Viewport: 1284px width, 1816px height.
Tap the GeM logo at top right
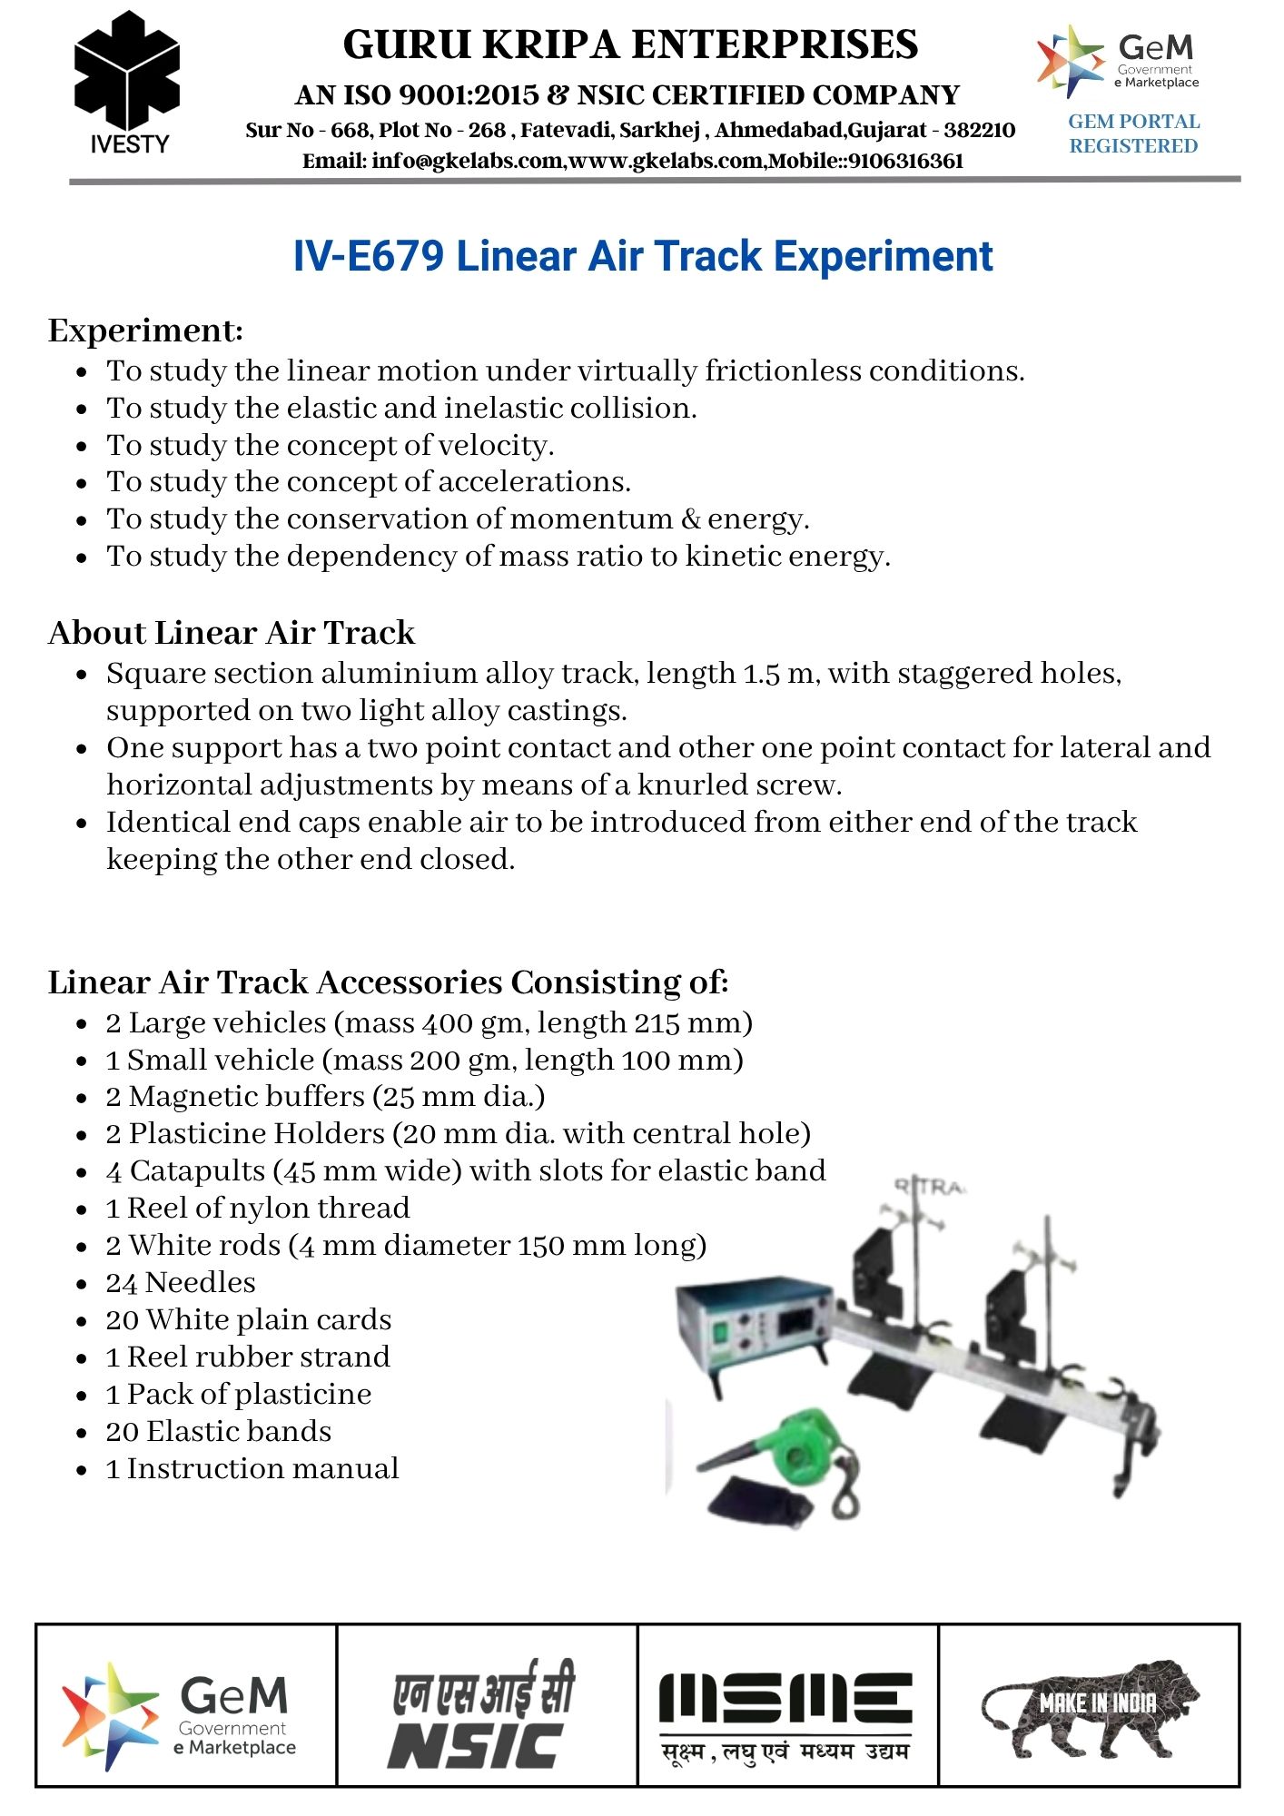[1118, 61]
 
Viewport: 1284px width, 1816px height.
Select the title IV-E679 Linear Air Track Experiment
[642, 257]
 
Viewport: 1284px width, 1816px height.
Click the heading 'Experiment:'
[145, 331]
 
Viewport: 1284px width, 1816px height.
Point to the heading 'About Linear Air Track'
[231, 633]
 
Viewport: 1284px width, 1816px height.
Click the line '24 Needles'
[181, 1283]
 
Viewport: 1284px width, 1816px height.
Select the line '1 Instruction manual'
[252, 1469]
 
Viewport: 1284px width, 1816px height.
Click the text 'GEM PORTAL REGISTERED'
[1133, 133]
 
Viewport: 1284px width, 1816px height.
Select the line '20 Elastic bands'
[218, 1432]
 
